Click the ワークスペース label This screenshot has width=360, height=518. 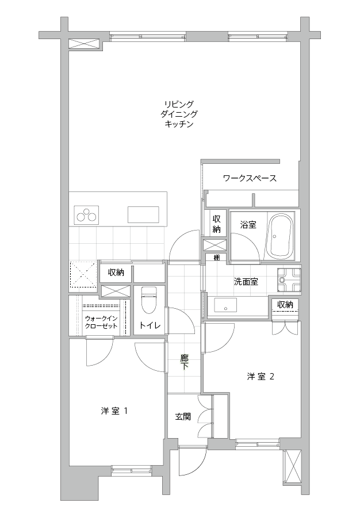(x=250, y=178)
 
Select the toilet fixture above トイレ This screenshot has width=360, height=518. (x=148, y=300)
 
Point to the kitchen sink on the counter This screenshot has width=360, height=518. (x=143, y=215)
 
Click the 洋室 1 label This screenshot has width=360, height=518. (x=114, y=411)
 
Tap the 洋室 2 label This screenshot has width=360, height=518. (x=261, y=376)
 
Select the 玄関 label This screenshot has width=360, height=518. (x=183, y=417)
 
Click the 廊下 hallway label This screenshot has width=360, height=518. (x=184, y=362)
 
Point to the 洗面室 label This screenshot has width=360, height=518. (x=246, y=282)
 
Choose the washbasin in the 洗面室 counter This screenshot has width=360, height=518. (x=225, y=305)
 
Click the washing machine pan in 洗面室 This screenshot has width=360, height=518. (x=289, y=280)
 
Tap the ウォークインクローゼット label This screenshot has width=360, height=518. (x=101, y=322)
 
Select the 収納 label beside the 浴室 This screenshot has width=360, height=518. (x=217, y=224)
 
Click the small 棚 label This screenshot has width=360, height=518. (x=217, y=258)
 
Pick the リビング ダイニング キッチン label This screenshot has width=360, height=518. (x=179, y=114)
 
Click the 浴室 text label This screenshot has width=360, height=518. (x=248, y=225)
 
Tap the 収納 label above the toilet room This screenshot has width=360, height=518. (x=116, y=273)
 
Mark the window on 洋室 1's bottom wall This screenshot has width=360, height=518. (x=131, y=470)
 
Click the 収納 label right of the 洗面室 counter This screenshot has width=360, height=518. (x=285, y=304)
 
